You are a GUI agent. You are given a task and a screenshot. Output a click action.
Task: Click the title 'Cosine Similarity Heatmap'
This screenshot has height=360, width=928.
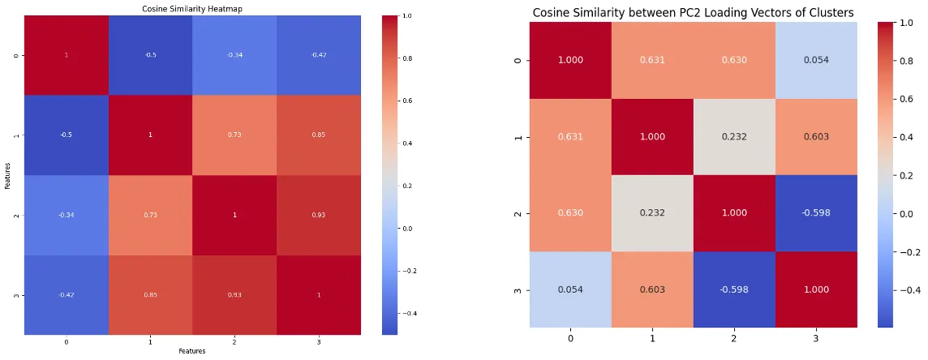pos(192,8)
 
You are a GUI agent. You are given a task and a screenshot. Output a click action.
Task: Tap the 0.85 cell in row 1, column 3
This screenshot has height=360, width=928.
pos(318,135)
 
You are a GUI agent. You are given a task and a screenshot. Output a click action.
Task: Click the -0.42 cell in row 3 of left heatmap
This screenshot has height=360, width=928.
pos(66,294)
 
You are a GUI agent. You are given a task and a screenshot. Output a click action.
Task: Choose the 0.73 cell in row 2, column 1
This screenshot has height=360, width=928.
pos(150,215)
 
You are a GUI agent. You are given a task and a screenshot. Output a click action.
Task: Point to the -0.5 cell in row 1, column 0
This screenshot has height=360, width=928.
pos(66,135)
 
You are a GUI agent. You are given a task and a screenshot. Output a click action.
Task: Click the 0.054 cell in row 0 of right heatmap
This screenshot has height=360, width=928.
pos(815,60)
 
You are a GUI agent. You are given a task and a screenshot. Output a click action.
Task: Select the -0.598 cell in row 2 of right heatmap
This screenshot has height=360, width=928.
pos(815,213)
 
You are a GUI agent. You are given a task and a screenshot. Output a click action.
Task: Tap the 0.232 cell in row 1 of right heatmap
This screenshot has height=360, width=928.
pos(733,137)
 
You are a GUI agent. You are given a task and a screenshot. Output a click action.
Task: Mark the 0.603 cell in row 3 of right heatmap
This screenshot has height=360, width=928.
pos(652,290)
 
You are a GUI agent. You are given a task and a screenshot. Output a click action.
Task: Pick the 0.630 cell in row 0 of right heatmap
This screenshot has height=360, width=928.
pos(733,60)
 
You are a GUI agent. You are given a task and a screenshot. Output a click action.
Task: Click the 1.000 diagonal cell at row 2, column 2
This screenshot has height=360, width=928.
pos(733,213)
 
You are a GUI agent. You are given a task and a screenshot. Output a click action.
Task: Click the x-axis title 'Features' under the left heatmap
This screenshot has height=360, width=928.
pos(192,351)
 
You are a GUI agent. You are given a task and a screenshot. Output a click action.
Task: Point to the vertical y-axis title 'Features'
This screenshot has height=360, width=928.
pos(6,174)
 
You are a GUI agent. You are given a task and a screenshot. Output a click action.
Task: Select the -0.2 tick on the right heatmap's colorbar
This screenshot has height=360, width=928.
pos(907,251)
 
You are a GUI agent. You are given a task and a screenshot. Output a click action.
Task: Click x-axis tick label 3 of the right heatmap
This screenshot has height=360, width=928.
pos(815,337)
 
